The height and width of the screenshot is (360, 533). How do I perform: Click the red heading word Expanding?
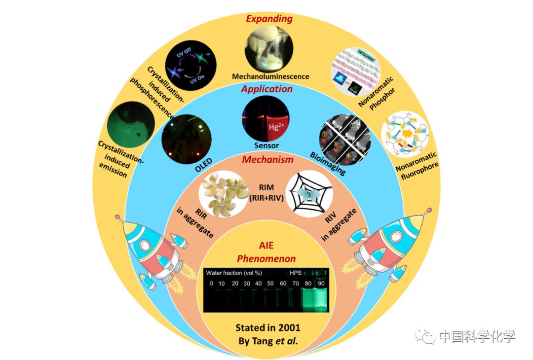[269, 19]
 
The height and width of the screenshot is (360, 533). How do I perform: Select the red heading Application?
[266, 89]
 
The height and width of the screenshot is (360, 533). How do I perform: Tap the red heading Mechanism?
[267, 159]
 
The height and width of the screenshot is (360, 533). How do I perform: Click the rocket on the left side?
[148, 252]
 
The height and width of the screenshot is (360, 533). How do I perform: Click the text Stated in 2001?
[267, 327]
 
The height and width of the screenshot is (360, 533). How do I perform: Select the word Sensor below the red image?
[266, 145]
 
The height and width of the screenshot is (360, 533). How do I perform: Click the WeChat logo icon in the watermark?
[425, 337]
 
